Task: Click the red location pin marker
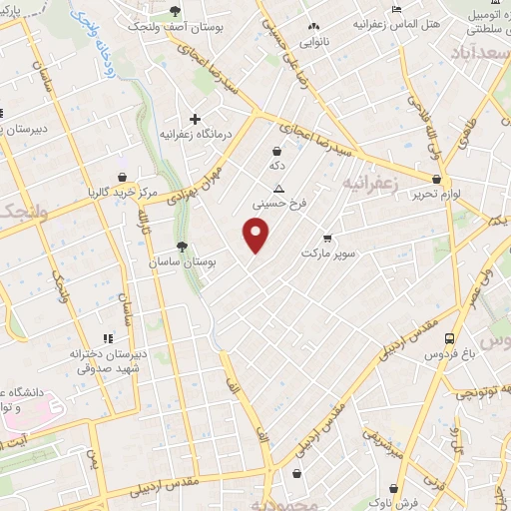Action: pyautogui.click(x=256, y=235)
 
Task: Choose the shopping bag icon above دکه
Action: pyautogui.click(x=275, y=151)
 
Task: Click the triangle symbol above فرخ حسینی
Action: pyautogui.click(x=278, y=188)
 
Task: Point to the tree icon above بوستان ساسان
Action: pyautogui.click(x=181, y=247)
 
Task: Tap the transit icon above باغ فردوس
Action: pyautogui.click(x=450, y=339)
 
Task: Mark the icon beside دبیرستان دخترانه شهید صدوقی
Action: pyautogui.click(x=108, y=339)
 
